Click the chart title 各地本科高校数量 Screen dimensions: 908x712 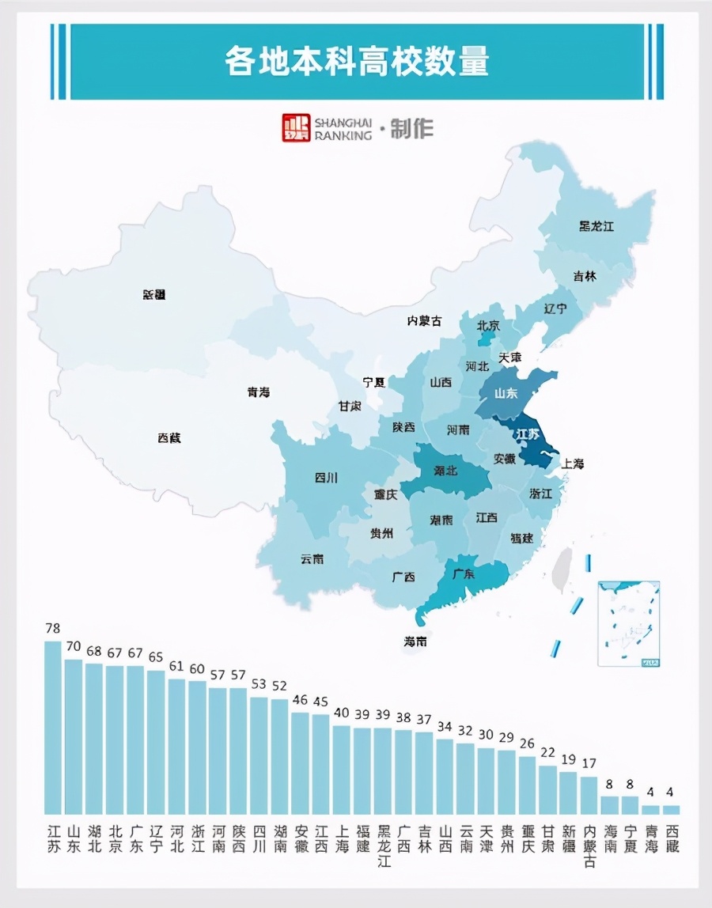(x=356, y=62)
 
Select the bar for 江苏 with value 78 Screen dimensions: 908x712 (x=53, y=728)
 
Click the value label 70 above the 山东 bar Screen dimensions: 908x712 (x=74, y=646)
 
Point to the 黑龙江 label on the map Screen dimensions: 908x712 (x=596, y=227)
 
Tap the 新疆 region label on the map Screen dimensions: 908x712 (x=154, y=294)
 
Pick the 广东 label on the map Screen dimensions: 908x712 (x=463, y=574)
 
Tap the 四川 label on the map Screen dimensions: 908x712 (x=326, y=478)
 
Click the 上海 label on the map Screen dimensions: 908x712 (x=572, y=463)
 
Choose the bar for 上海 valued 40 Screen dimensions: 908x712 (x=341, y=770)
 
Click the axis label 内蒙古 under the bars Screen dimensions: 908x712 (x=589, y=847)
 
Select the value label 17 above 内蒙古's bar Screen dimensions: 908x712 (x=589, y=764)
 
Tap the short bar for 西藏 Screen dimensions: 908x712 (x=671, y=810)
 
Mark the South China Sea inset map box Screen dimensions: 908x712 (x=629, y=623)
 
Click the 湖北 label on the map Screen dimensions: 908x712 (x=445, y=471)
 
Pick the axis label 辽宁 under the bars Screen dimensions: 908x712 (x=156, y=838)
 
